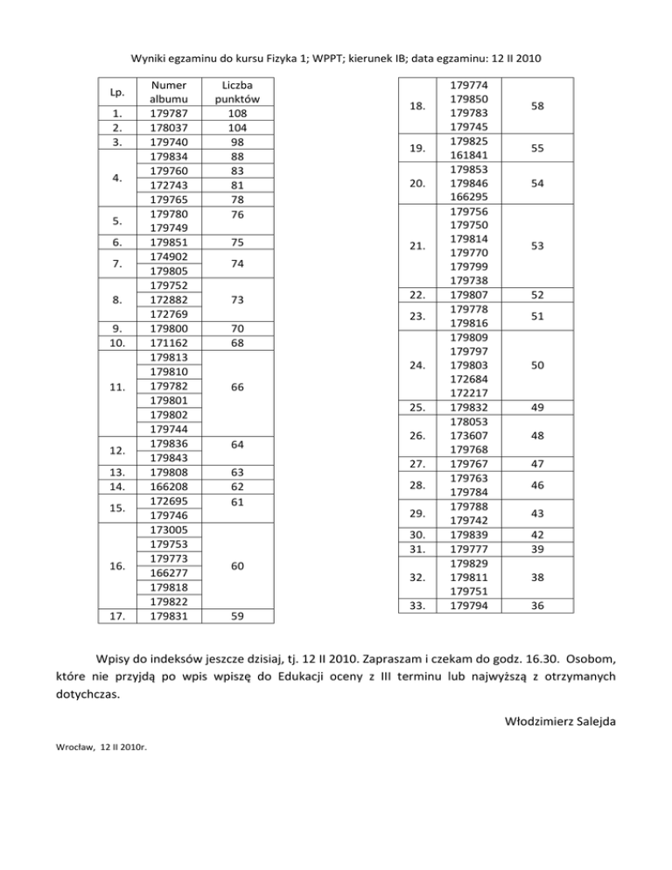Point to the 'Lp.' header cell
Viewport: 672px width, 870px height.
coord(115,92)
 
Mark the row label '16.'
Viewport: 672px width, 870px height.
coord(115,565)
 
